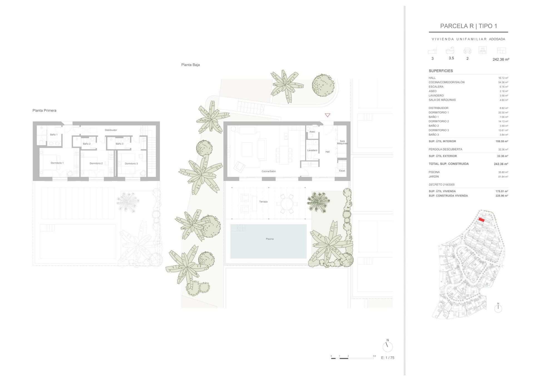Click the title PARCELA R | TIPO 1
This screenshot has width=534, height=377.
pos(468,26)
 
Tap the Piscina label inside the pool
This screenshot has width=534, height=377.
pos(270,239)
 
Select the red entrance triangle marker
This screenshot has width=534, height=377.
pos(327,115)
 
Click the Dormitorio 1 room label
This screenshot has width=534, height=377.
pos(57,163)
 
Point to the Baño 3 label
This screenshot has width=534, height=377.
pos(119,144)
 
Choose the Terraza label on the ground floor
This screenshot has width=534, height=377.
pos(263,202)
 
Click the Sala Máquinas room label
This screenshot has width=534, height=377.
pos(342,142)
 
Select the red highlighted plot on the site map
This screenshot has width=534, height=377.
pos(481,220)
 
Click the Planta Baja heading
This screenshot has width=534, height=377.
pos(191,65)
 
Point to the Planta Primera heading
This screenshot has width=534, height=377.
pos(44,111)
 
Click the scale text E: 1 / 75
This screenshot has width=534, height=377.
pos(387,358)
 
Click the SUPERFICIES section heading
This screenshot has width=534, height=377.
pos(441,71)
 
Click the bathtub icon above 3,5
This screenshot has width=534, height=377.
pos(450,51)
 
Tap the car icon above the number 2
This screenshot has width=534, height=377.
pos(467,51)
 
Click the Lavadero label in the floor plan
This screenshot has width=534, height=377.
pos(312,150)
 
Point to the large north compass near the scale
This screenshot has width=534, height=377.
pos(387,346)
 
